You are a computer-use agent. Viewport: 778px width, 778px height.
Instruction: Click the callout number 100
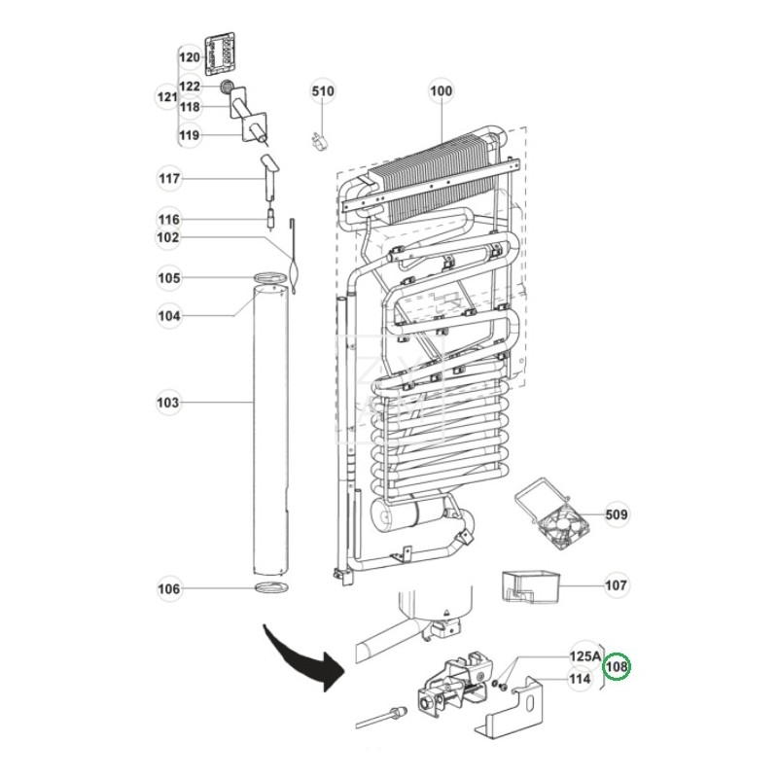441,91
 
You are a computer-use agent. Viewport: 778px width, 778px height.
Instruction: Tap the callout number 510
323,91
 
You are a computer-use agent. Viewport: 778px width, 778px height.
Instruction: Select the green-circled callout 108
617,667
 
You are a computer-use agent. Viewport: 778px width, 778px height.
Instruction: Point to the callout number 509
617,513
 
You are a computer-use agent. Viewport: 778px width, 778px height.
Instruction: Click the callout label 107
617,585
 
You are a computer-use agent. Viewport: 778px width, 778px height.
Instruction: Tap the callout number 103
169,402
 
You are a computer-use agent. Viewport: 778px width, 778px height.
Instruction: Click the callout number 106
169,588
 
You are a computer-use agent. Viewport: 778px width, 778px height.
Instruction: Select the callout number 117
169,179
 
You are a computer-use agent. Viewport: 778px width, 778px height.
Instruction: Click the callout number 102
169,237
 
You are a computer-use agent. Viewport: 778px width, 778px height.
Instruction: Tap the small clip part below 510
316,139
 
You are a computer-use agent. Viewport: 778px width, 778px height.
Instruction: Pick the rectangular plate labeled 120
223,56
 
